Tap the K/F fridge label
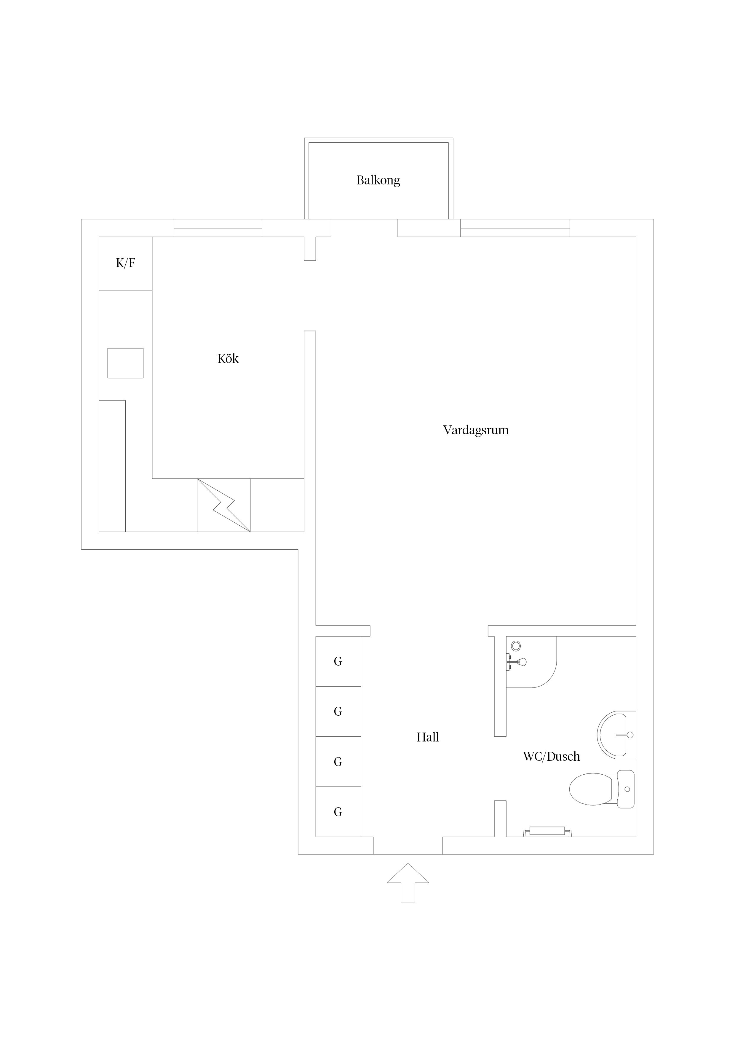[x=125, y=263]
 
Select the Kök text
[x=228, y=359]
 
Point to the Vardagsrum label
[x=475, y=430]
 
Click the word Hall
[x=427, y=737]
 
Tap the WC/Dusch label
[x=551, y=757]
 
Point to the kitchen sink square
[x=125, y=363]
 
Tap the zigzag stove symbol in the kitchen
[x=224, y=505]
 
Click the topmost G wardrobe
[x=338, y=661]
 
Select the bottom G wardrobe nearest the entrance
[x=338, y=812]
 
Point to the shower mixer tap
[x=518, y=662]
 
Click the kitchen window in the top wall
[x=218, y=228]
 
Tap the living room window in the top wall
[x=515, y=228]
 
